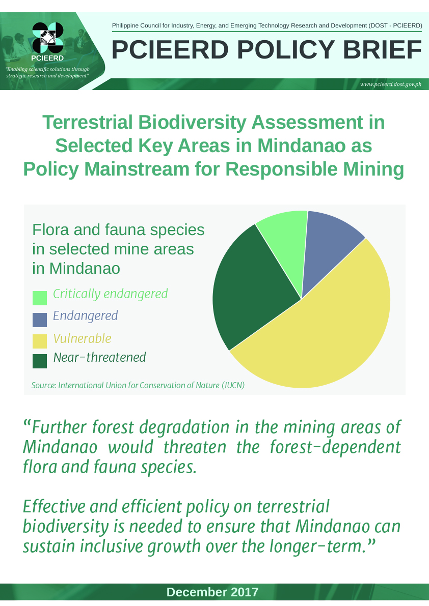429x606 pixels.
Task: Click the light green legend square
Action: click(40, 298)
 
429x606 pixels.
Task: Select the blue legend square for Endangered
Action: click(40, 320)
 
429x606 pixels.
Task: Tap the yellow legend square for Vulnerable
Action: click(40, 341)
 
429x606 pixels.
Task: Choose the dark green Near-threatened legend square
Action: click(40, 361)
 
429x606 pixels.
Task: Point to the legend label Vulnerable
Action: click(82, 338)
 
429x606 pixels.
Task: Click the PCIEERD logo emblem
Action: click(47, 38)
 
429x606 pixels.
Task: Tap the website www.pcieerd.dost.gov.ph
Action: click(391, 84)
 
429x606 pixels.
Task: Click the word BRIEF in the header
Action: click(382, 50)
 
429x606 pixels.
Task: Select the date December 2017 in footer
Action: click(212, 592)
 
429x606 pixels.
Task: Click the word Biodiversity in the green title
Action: click(192, 123)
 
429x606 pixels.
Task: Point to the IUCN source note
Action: click(138, 385)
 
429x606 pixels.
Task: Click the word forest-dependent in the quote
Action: click(335, 447)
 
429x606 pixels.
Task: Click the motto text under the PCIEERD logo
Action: click(47, 72)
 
